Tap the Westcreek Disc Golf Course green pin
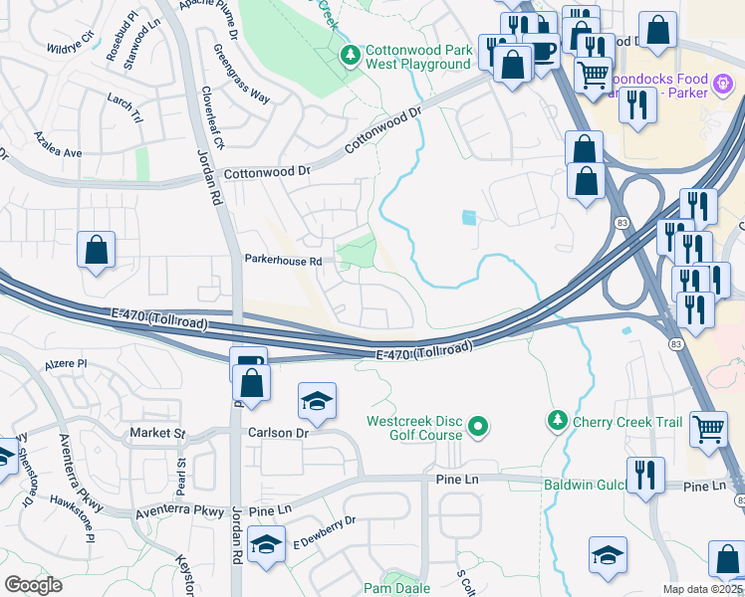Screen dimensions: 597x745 (478, 427)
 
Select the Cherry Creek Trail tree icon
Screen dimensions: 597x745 (558, 422)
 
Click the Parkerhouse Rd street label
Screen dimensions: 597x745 (284, 261)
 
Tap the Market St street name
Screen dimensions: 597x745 (158, 434)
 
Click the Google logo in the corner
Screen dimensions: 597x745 (33, 584)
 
